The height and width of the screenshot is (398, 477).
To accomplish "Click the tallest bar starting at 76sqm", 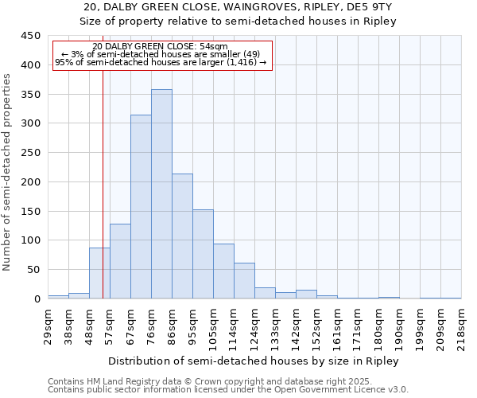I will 161,194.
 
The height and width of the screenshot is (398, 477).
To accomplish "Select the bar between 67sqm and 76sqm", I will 141,207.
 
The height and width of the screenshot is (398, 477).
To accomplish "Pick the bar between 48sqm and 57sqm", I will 99,273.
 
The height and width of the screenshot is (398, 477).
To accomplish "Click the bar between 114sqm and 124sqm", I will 244,281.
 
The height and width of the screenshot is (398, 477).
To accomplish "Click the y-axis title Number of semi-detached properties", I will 8,172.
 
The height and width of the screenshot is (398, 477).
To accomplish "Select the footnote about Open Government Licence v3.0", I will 228,390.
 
